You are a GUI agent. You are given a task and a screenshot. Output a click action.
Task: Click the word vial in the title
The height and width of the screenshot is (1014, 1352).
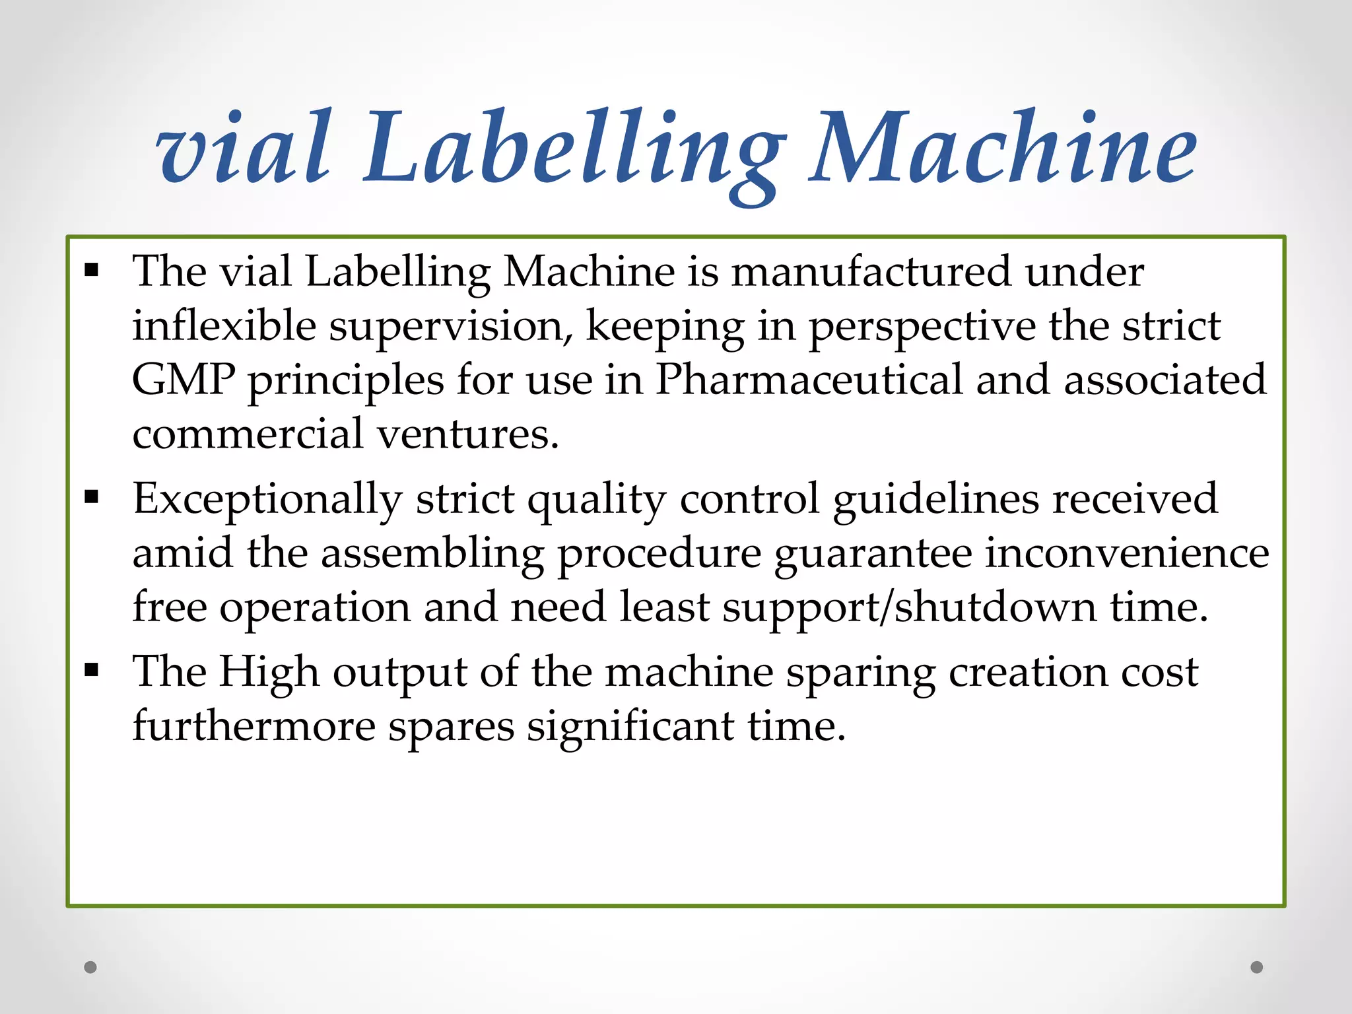point(243,148)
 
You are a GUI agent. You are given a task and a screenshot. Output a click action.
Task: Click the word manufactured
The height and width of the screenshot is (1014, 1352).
point(871,271)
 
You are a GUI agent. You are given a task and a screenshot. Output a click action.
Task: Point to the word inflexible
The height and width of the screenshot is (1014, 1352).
point(224,326)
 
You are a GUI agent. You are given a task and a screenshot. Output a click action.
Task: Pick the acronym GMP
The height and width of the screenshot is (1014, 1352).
point(184,380)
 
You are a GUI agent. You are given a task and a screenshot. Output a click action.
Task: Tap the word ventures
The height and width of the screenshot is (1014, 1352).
point(468,434)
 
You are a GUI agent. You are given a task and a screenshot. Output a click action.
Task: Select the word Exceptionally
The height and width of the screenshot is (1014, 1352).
point(267,500)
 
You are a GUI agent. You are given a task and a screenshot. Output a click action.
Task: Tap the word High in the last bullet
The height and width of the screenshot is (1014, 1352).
point(269,672)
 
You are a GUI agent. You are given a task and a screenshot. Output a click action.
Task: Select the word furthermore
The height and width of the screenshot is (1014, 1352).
point(254,726)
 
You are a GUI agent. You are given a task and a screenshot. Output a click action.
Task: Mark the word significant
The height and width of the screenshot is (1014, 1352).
point(630,726)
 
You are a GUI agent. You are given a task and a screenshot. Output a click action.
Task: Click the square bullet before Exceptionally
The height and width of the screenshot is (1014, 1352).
point(92,496)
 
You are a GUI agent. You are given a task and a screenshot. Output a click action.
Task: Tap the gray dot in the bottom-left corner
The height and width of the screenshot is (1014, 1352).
point(90,967)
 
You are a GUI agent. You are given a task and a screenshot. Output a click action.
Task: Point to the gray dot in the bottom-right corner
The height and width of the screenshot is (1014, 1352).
point(1257,967)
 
